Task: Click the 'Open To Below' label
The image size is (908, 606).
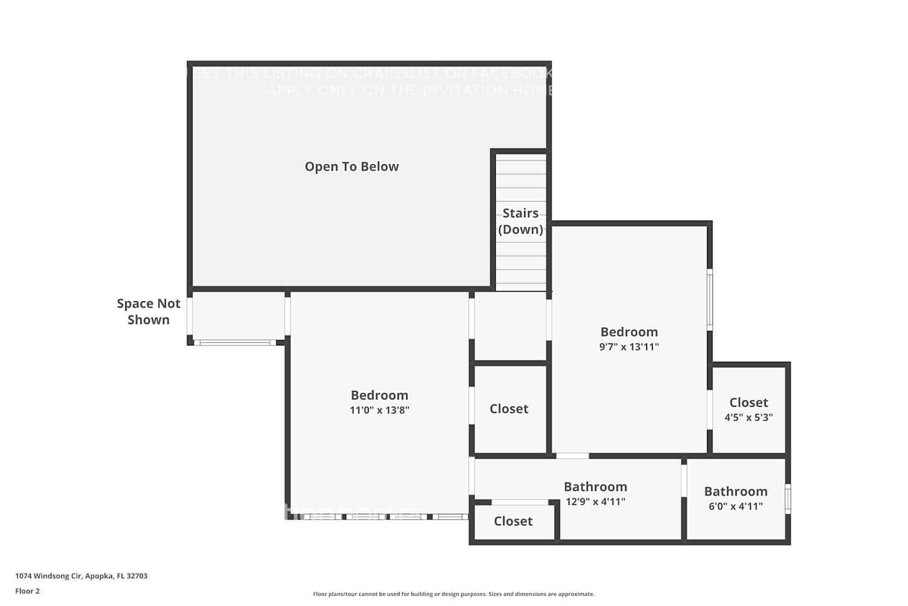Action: (x=352, y=167)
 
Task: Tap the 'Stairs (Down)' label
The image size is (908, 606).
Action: (x=521, y=221)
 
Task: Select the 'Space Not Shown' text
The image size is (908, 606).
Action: (x=148, y=311)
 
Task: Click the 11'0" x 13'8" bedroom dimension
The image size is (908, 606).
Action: (x=380, y=410)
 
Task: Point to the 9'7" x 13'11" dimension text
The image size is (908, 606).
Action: (x=629, y=347)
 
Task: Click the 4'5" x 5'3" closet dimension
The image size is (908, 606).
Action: (x=749, y=418)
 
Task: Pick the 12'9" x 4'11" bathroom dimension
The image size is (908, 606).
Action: (x=596, y=502)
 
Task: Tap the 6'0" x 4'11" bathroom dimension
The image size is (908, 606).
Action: (x=735, y=507)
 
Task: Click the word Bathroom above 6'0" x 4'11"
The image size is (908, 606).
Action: (x=735, y=491)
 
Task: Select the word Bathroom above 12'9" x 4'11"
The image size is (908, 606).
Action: (x=596, y=487)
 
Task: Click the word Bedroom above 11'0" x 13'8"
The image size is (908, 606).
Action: (x=380, y=395)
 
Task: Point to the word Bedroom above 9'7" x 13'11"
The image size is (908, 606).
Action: (x=629, y=332)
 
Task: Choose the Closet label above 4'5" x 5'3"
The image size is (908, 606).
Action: (x=749, y=402)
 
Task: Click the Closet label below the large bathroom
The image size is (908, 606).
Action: (x=513, y=521)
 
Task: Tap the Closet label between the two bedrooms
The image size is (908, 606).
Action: (x=509, y=409)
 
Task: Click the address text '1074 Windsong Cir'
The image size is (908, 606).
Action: (x=48, y=576)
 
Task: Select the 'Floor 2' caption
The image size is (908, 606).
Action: (x=27, y=591)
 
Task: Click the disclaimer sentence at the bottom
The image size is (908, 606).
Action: (x=453, y=594)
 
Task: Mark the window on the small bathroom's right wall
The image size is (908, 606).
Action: (x=788, y=499)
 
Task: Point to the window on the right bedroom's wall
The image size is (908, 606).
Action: (x=709, y=300)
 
